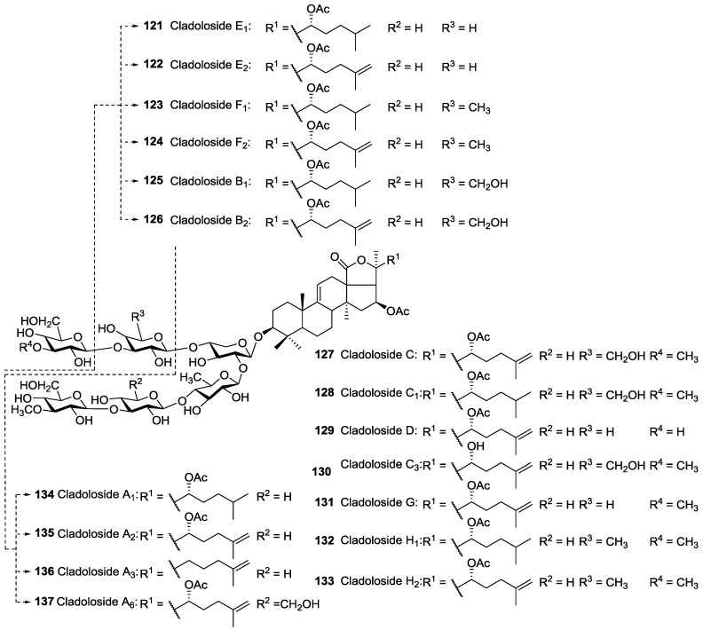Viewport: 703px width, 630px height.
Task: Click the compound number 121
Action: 154,27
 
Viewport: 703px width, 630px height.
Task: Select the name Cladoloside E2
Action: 211,66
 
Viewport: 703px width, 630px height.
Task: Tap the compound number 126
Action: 154,219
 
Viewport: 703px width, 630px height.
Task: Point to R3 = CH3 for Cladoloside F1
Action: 466,107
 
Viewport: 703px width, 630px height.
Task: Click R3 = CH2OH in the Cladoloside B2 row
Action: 475,221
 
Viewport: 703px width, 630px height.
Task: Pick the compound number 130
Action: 322,471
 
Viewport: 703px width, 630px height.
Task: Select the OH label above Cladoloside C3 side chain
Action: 476,446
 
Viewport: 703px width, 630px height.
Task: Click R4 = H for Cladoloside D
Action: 667,431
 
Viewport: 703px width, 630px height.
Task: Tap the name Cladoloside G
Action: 379,503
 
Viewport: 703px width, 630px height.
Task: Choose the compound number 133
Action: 324,580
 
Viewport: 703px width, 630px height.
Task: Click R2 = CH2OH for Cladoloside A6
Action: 288,603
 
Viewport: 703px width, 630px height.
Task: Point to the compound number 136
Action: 44,571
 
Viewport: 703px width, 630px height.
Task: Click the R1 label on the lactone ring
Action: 392,259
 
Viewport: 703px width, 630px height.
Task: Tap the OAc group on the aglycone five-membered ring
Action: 399,311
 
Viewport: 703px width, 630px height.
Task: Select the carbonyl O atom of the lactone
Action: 335,257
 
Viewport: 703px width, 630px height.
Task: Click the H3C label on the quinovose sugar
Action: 190,379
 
